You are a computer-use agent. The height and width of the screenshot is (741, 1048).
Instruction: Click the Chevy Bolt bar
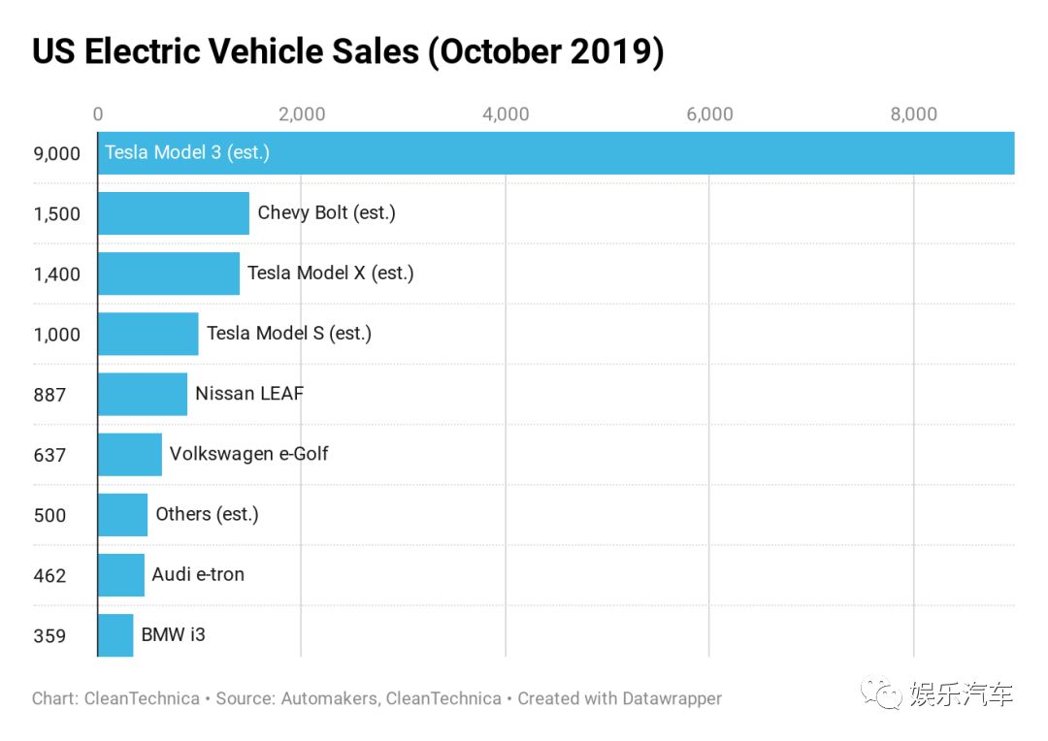point(174,213)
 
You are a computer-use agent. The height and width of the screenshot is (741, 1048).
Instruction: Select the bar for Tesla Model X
point(169,274)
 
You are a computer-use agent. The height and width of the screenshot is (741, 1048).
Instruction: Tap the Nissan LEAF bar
point(143,394)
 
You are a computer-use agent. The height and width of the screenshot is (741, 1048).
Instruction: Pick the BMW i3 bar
point(115,634)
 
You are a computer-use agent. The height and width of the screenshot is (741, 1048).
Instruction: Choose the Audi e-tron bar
point(121,574)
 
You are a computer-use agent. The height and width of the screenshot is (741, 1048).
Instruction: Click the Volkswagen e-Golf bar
point(130,454)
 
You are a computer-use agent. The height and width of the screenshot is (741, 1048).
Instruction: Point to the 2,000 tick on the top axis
point(302,114)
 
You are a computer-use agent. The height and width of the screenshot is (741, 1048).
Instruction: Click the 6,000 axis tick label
point(709,114)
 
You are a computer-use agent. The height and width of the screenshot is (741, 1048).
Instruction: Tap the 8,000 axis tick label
point(914,114)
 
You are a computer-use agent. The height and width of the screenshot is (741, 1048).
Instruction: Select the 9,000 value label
point(57,153)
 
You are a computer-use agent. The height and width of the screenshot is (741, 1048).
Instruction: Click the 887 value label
point(50,395)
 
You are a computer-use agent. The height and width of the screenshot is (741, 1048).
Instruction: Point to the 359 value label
point(50,636)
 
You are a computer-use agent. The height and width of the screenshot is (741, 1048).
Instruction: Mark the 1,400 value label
point(57,274)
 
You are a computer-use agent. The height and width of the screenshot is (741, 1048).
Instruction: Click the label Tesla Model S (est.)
point(289,333)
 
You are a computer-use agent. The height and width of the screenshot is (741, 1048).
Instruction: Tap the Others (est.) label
point(208,514)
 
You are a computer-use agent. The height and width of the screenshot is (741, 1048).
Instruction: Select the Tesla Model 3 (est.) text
point(187,152)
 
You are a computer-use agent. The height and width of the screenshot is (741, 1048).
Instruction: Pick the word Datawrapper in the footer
point(671,699)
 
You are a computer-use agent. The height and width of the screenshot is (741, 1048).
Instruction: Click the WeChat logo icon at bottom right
point(881,693)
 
